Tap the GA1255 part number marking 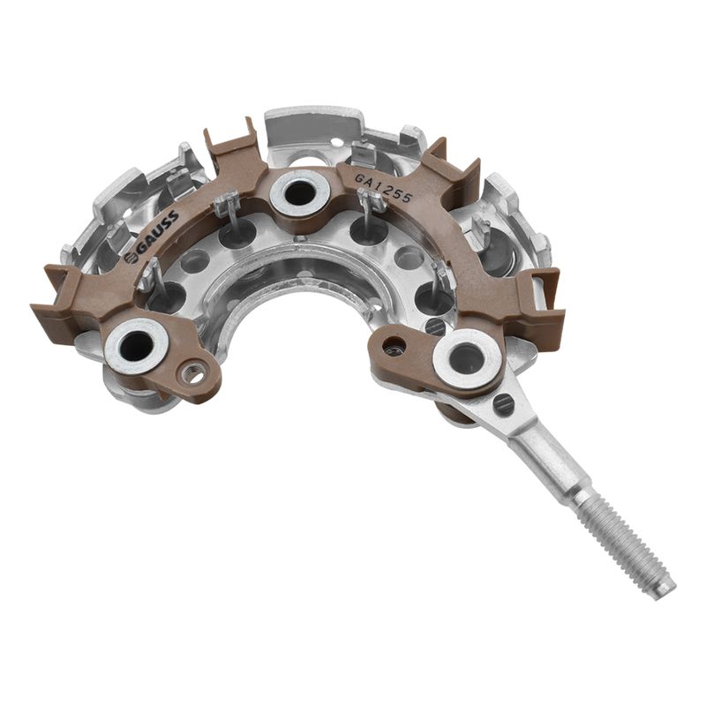383,188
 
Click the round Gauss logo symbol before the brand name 131,259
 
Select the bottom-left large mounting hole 137,346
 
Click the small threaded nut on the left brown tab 194,374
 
